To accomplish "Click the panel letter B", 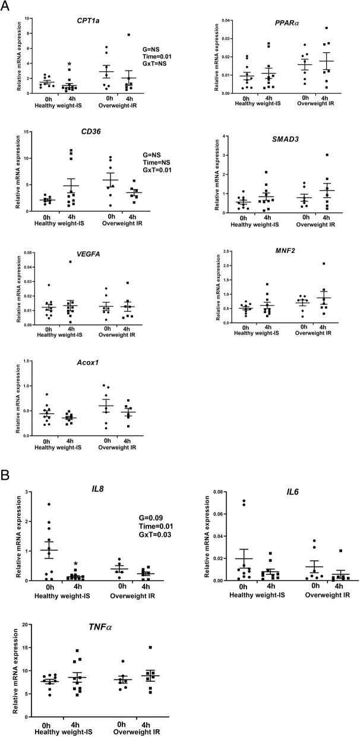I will tap(5, 477).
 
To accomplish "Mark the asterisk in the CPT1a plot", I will tap(70, 64).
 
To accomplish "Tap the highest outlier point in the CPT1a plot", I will tap(144, 34).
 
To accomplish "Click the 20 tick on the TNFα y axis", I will tap(26, 624).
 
